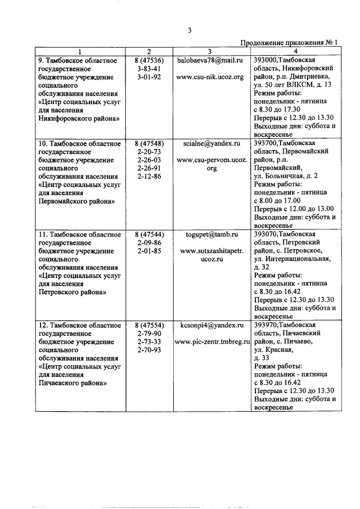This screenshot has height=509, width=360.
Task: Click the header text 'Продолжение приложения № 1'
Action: point(289,43)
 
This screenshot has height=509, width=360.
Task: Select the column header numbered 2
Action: point(150,51)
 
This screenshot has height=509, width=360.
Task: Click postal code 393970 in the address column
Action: point(267,325)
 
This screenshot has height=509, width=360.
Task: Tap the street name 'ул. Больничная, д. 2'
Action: point(285,175)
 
